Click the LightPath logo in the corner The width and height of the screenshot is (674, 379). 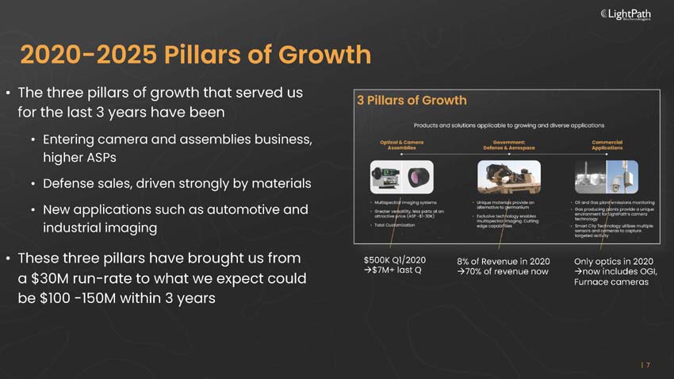(x=631, y=13)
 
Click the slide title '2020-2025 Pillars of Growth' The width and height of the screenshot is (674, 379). (x=195, y=55)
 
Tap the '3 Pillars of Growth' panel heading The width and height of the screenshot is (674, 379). (x=412, y=101)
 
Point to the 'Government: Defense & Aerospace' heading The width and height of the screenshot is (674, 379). (x=509, y=145)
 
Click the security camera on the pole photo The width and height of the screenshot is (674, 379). (x=623, y=177)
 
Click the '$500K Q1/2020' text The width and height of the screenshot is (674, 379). (x=394, y=260)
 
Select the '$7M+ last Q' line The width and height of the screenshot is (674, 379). (x=393, y=271)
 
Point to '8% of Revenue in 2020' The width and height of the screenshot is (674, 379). (x=504, y=261)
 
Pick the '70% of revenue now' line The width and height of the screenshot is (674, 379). (x=503, y=272)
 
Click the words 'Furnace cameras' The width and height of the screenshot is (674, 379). (x=611, y=283)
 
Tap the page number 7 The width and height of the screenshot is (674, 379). (x=648, y=365)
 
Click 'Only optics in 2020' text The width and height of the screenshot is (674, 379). (x=613, y=261)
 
